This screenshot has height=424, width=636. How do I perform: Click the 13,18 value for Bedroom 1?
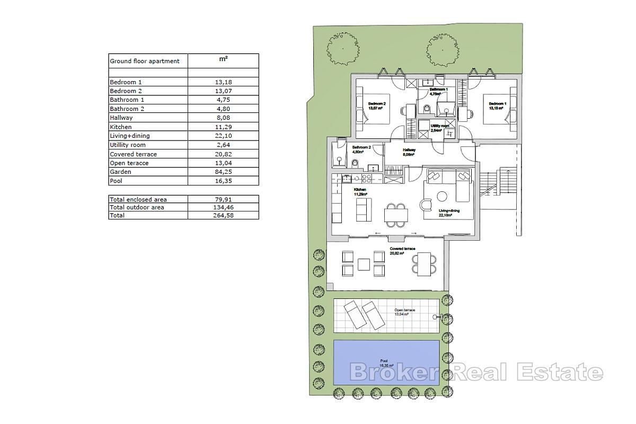(224, 82)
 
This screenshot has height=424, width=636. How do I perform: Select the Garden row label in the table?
(120, 172)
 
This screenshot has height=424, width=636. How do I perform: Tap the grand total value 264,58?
(224, 216)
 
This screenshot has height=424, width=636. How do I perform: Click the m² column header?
(224, 60)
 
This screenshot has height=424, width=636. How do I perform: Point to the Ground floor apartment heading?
(145, 61)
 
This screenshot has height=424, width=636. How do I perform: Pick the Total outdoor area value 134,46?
(224, 207)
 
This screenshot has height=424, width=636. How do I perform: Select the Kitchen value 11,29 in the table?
(224, 127)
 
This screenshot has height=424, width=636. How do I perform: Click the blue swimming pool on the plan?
(386, 363)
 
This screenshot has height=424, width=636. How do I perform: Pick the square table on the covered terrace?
(364, 263)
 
